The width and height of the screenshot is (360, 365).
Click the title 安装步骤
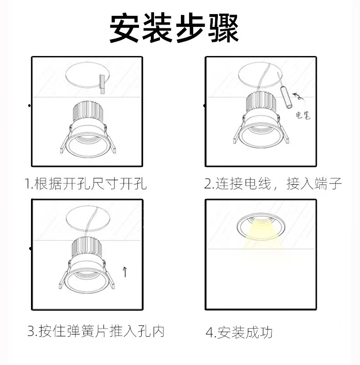click(175, 28)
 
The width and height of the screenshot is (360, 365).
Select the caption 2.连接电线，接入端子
click(273, 184)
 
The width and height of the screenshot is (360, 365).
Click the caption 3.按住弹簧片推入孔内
click(96, 331)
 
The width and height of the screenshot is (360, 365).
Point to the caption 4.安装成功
click(239, 332)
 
